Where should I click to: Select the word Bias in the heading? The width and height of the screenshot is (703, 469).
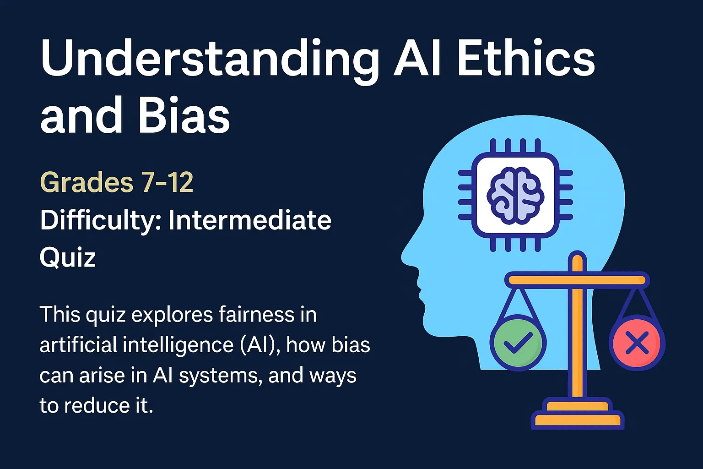click(x=183, y=116)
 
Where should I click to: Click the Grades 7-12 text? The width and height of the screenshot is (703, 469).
click(x=117, y=182)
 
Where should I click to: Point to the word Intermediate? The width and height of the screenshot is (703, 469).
click(x=249, y=220)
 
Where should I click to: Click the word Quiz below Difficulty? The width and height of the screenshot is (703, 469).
click(x=68, y=257)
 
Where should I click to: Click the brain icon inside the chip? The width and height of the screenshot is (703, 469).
click(x=515, y=196)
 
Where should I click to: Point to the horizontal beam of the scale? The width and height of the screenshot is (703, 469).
click(x=577, y=279)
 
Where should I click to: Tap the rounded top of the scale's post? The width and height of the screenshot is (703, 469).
click(x=577, y=257)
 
